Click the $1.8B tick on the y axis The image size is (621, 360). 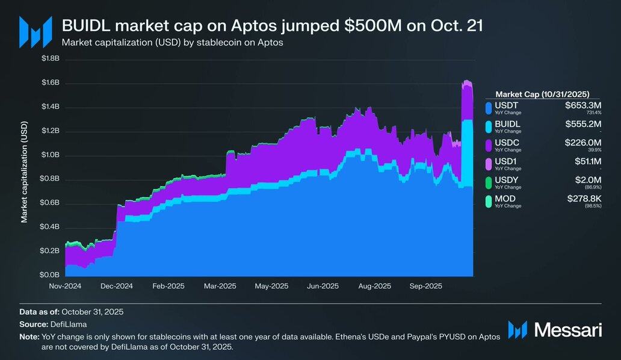[50, 58]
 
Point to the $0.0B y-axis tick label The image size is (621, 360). [50, 275]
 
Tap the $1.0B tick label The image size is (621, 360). [50, 155]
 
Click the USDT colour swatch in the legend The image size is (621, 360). [489, 108]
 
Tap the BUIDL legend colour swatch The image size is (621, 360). [489, 126]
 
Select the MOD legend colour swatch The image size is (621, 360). [489, 200]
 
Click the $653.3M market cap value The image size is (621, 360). [583, 105]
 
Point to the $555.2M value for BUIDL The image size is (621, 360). [583, 124]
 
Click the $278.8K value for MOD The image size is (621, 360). [584, 198]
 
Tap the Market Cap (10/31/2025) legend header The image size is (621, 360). [542, 94]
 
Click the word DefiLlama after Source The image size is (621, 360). [56, 324]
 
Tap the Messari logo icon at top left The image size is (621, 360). [31, 31]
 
